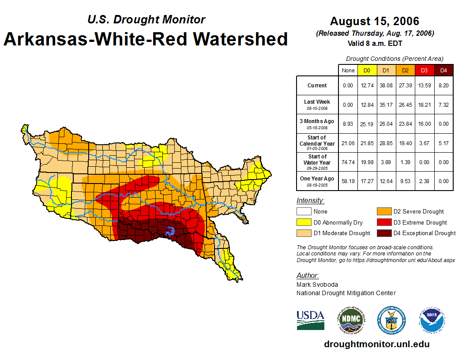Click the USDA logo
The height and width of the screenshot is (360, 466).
pyautogui.click(x=310, y=320)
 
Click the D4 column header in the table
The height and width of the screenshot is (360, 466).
pyautogui.click(x=443, y=71)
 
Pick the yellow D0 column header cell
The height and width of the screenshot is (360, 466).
pyautogui.click(x=367, y=71)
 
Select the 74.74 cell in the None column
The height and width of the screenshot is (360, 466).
pyautogui.click(x=348, y=162)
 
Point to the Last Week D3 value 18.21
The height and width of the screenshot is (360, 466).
pyautogui.click(x=424, y=105)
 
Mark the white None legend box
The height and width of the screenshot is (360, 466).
pyautogui.click(x=303, y=212)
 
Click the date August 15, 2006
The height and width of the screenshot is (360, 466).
pyautogui.click(x=374, y=21)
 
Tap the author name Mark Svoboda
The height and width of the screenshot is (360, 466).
pyautogui.click(x=317, y=285)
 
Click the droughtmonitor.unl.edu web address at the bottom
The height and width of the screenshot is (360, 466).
pyautogui.click(x=376, y=344)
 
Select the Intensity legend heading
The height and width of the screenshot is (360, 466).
pyautogui.click(x=310, y=201)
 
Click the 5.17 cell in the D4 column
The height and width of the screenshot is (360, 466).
pyautogui.click(x=443, y=143)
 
